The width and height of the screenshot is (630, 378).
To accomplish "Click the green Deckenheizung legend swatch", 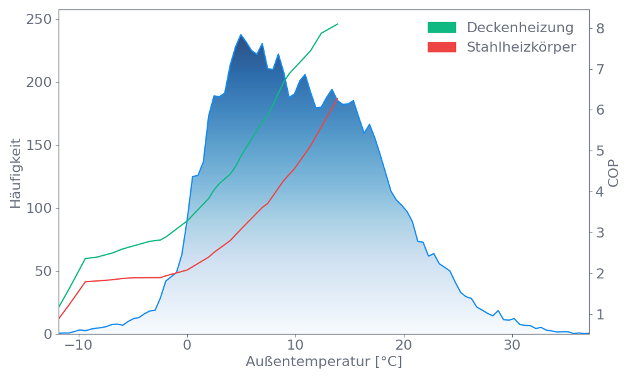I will [442, 28].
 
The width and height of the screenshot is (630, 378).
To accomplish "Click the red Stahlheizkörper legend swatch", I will [442, 47].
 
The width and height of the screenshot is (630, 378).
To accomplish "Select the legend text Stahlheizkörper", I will [521, 47].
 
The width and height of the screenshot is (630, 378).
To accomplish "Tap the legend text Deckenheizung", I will [520, 28].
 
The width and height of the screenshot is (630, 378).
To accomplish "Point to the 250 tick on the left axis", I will [38, 20].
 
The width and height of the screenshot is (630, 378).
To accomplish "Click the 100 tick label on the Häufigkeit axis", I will [38, 209].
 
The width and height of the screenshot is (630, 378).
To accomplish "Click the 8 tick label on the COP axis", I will [600, 28].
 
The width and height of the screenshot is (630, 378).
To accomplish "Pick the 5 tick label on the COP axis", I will [600, 151].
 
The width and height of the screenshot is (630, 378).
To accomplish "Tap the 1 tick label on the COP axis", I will [600, 314].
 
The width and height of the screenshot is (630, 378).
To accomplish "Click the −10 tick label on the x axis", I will [78, 346].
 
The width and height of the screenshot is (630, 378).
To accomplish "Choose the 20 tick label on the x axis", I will [403, 346].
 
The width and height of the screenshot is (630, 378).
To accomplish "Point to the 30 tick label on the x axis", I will [512, 346].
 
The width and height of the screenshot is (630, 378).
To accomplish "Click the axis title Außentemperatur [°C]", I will [323, 362].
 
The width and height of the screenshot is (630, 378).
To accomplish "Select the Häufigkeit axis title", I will [16, 173].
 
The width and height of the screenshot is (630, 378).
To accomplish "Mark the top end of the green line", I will [338, 24].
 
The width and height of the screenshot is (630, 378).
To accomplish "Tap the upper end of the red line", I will [338, 99].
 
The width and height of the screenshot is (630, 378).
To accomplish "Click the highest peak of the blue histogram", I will [241, 35].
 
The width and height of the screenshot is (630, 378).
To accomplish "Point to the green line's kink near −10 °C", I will [86, 258].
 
